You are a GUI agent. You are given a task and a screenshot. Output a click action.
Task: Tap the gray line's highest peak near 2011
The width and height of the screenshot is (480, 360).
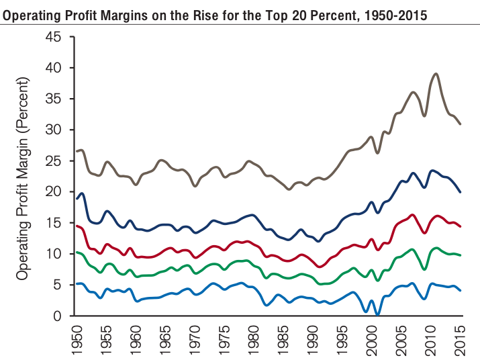pyautogui.click(x=436, y=73)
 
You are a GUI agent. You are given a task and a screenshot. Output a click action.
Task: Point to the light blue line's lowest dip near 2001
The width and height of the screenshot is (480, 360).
pyautogui.click(x=377, y=314)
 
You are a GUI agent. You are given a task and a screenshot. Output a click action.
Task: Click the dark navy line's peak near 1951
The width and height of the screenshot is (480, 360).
pyautogui.click(x=82, y=193)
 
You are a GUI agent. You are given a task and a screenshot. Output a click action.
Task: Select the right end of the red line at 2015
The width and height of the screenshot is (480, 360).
pyautogui.click(x=461, y=226)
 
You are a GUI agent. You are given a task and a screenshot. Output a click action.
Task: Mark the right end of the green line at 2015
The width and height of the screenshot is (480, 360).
pyautogui.click(x=461, y=255)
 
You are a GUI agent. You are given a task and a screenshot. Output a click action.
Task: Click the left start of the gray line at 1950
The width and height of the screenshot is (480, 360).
pyautogui.click(x=77, y=151)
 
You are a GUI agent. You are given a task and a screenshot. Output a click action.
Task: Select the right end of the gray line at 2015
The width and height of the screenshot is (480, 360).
pyautogui.click(x=461, y=124)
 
